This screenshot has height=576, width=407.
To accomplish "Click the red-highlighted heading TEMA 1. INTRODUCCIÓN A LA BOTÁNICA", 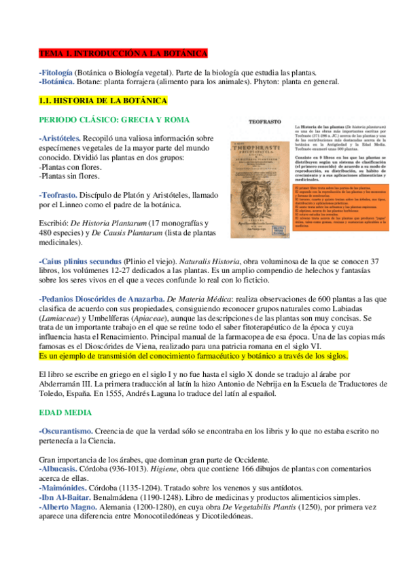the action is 123,53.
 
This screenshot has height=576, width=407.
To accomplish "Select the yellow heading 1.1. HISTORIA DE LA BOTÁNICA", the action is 103,101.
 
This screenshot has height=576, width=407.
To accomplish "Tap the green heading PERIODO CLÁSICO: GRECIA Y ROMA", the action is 114,120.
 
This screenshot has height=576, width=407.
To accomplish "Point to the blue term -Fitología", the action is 56,71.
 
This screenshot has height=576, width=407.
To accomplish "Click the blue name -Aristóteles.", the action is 60,139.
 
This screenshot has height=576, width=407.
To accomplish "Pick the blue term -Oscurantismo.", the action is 63,431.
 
